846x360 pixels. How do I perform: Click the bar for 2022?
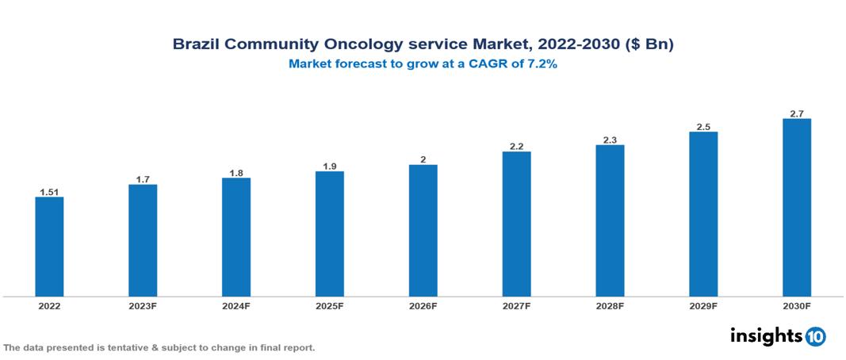click(49, 247)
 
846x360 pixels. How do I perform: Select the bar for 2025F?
click(329, 234)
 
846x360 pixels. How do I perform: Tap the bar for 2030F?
click(796, 208)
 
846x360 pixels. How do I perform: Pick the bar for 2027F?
click(516, 224)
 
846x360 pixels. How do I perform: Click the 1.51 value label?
click(49, 191)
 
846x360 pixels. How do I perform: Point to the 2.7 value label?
click(796, 113)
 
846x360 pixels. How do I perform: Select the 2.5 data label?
click(703, 126)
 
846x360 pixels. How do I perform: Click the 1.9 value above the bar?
click(329, 166)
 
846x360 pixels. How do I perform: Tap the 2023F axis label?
click(143, 306)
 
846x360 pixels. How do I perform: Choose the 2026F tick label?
click(423, 306)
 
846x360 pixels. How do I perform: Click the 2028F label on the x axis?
click(610, 306)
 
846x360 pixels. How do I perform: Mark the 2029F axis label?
click(703, 306)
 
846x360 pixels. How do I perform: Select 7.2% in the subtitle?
click(542, 65)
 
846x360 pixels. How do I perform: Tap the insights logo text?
click(765, 336)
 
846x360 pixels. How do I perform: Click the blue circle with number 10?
click(815, 337)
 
